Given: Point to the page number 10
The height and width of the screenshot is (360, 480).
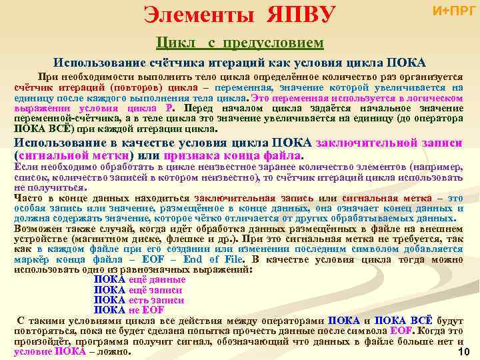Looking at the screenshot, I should tap(465, 351).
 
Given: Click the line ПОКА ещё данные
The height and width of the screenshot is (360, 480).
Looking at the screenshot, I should tap(139, 280).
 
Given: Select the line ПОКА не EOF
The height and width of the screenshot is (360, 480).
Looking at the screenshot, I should tap(129, 309).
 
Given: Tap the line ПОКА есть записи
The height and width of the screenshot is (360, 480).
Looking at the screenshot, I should tap(139, 300).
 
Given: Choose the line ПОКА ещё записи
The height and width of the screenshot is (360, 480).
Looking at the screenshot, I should tap(138, 290).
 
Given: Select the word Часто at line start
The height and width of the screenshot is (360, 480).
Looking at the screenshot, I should tap(27, 198).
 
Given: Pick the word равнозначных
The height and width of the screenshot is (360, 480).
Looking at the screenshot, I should tap(141, 269).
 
